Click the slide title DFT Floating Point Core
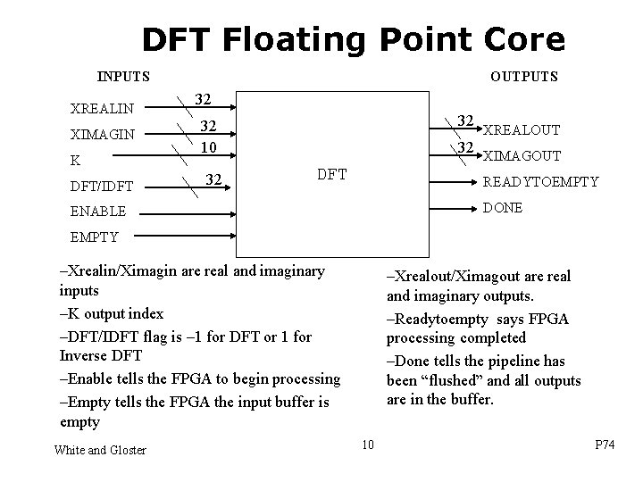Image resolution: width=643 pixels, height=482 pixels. pos(353,40)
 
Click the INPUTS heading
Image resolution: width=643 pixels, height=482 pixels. pos(123,77)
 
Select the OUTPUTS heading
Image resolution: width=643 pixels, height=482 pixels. pos(524,77)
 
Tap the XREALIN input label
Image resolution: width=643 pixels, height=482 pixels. pos(102,109)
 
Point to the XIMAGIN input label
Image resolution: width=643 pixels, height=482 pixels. pos(103,135)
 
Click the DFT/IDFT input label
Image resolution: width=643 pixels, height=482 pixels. pos(101,186)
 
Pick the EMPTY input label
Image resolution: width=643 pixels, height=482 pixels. pos(95,237)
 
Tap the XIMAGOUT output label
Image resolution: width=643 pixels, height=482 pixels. pos(522,156)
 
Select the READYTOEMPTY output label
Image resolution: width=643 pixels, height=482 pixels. pos(540,181)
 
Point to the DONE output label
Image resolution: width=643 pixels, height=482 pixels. pos(503,207)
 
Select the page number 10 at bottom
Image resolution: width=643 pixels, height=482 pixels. pos(368,444)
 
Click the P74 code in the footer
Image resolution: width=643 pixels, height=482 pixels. pos(605,444)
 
